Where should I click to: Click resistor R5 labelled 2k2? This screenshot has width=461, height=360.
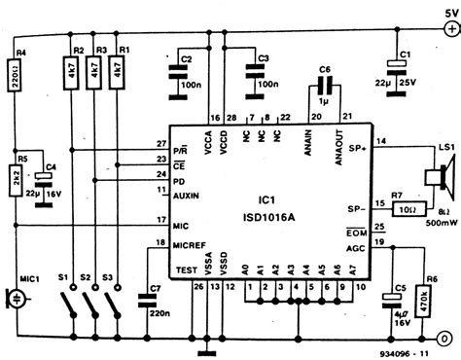pyautogui.click(x=18, y=176)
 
